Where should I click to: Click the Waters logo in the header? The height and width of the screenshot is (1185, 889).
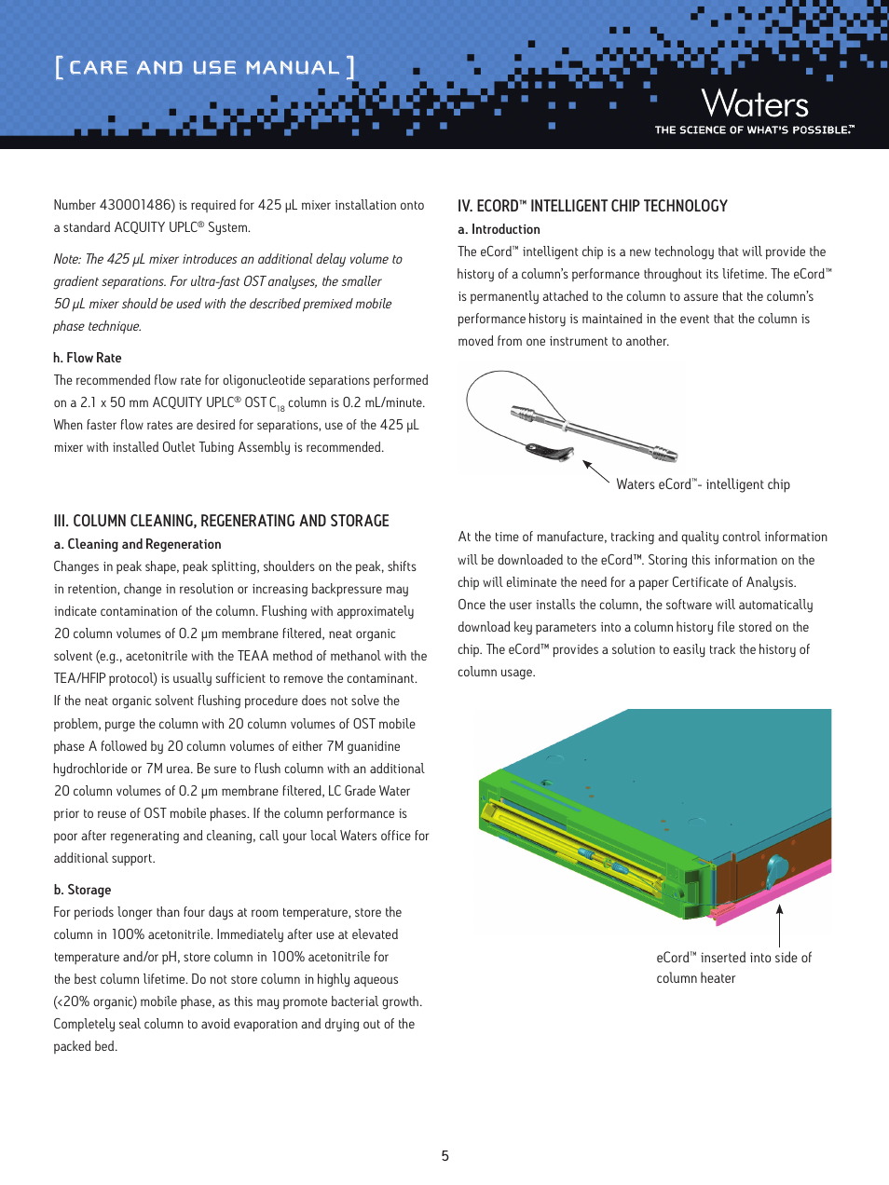point(755,103)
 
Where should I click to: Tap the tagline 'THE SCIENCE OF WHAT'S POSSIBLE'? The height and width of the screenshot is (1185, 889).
point(753,130)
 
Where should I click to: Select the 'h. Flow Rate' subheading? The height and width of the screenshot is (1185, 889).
point(88,358)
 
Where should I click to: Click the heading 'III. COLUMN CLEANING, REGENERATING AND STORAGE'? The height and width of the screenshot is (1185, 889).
point(221,521)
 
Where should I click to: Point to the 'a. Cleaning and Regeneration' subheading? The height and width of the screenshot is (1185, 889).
point(137,544)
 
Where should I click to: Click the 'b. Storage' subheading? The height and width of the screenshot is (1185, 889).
point(82,890)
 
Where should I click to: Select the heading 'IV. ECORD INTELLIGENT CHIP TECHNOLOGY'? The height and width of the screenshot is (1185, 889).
point(592,206)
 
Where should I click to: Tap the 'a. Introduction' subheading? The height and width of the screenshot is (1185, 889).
point(499,229)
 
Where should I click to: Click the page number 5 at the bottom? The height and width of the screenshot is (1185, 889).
point(444,1156)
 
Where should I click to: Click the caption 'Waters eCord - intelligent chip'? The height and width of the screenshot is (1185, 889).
point(703,484)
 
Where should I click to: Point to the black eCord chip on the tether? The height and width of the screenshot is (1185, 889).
point(550,453)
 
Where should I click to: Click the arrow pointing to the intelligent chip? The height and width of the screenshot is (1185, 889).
point(595,471)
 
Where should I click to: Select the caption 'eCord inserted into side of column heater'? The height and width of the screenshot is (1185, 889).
point(733,968)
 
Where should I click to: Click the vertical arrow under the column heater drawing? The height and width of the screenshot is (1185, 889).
point(779,924)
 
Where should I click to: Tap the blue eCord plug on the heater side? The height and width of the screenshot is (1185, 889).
point(775,871)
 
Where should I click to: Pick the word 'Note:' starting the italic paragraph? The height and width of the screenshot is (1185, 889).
point(67,259)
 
